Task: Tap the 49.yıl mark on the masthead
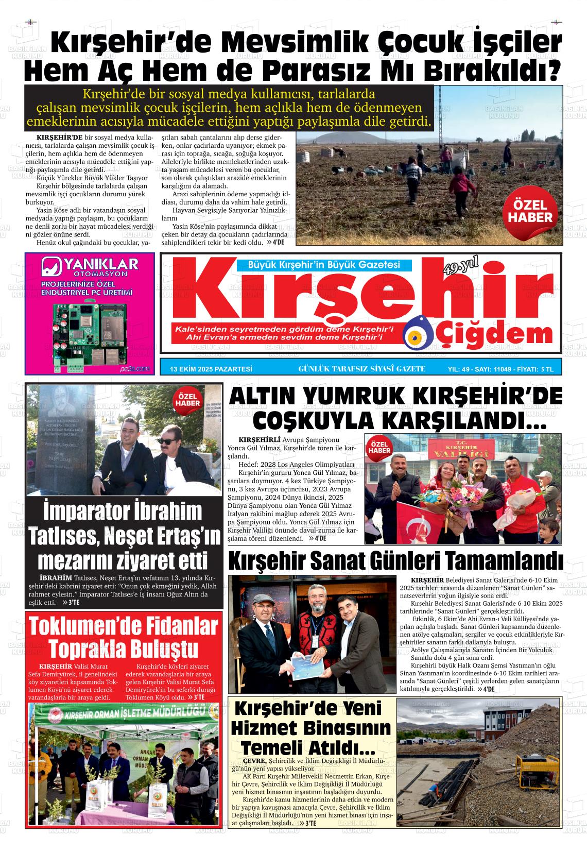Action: point(459,267)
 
